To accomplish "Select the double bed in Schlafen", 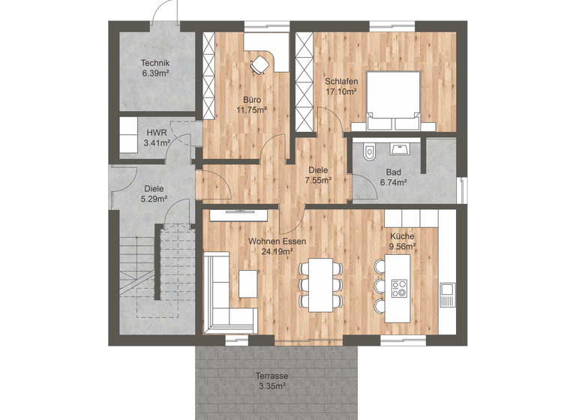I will (393, 102).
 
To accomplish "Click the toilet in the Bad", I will (367, 153).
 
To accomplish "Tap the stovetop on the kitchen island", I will (399, 287).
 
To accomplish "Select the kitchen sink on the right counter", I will (448, 289).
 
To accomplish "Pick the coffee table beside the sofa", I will (247, 283).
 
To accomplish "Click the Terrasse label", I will (271, 376).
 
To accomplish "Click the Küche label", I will (402, 236).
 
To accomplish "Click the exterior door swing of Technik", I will (163, 10).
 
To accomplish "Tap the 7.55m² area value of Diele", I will (318, 180).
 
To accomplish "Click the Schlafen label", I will (340, 81).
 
